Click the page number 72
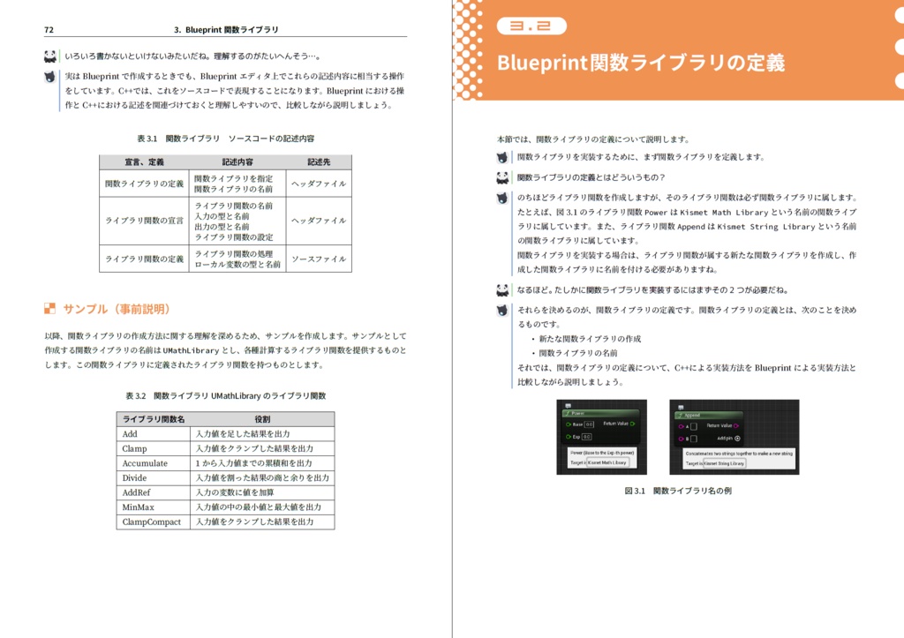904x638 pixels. coord(49,29)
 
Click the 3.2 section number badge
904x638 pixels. coord(531,26)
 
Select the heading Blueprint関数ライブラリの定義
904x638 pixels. coord(640,64)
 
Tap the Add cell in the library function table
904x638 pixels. coord(130,434)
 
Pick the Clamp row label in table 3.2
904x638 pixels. coord(134,448)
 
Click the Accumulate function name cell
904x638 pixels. coord(145,463)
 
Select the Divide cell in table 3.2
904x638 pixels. coord(134,478)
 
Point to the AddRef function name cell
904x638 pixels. coord(137,492)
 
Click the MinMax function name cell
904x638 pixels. coord(138,507)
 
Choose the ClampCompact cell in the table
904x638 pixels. coord(151,522)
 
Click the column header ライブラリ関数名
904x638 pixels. coord(154,419)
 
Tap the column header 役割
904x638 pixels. coord(262,419)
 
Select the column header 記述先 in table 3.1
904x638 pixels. coord(319,162)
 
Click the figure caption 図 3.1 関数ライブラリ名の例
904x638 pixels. coord(677,491)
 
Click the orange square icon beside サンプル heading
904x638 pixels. coord(49,309)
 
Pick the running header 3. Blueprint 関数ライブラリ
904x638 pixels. coord(226,29)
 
